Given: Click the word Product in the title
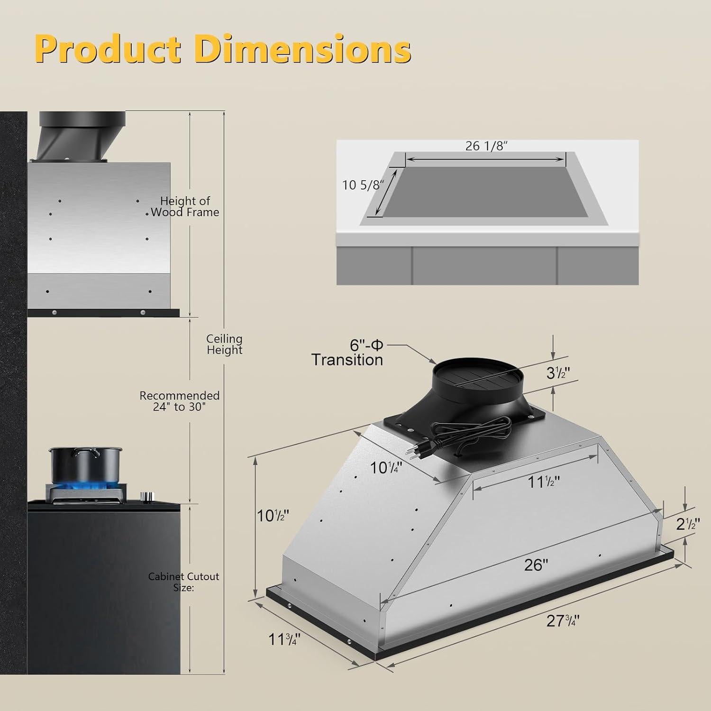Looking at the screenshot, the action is [109, 49].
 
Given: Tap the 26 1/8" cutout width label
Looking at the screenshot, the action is [486, 146].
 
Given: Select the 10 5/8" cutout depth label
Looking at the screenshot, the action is [362, 184].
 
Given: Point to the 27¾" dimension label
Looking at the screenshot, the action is [563, 620].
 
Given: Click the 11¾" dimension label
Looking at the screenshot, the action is [284, 638].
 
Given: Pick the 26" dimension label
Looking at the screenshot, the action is [536, 565].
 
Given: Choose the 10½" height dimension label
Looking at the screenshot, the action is [273, 515].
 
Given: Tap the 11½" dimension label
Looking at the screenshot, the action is [544, 482].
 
